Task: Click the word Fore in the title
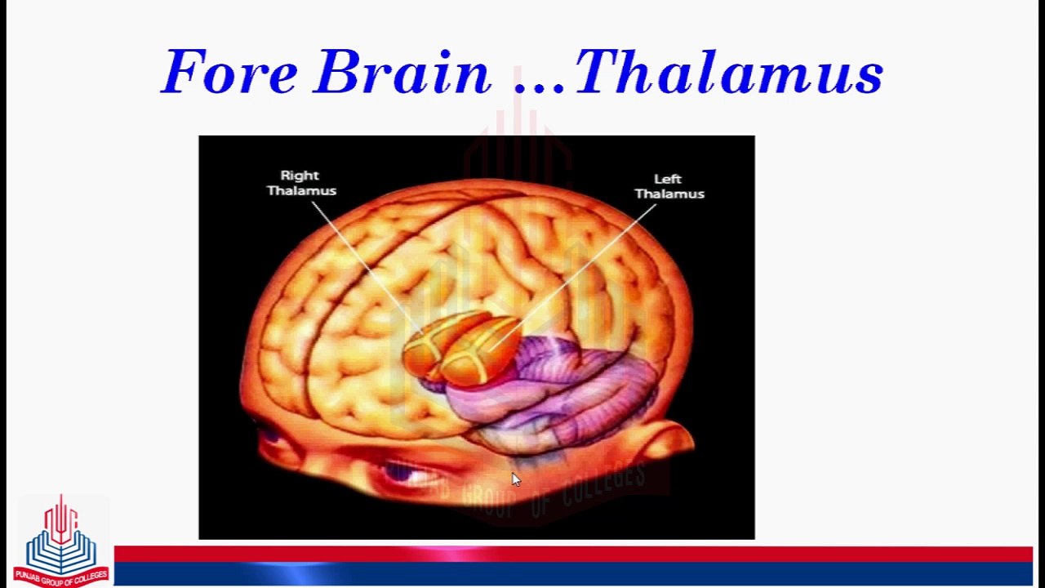[230, 73]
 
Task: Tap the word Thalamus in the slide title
[729, 73]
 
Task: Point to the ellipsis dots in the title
[540, 85]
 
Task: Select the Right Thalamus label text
[301, 183]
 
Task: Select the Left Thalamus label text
[669, 186]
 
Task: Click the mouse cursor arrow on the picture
[515, 479]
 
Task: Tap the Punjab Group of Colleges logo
[60, 539]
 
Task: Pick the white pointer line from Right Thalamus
[363, 265]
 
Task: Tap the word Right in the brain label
[300, 176]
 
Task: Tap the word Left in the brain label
[668, 179]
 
